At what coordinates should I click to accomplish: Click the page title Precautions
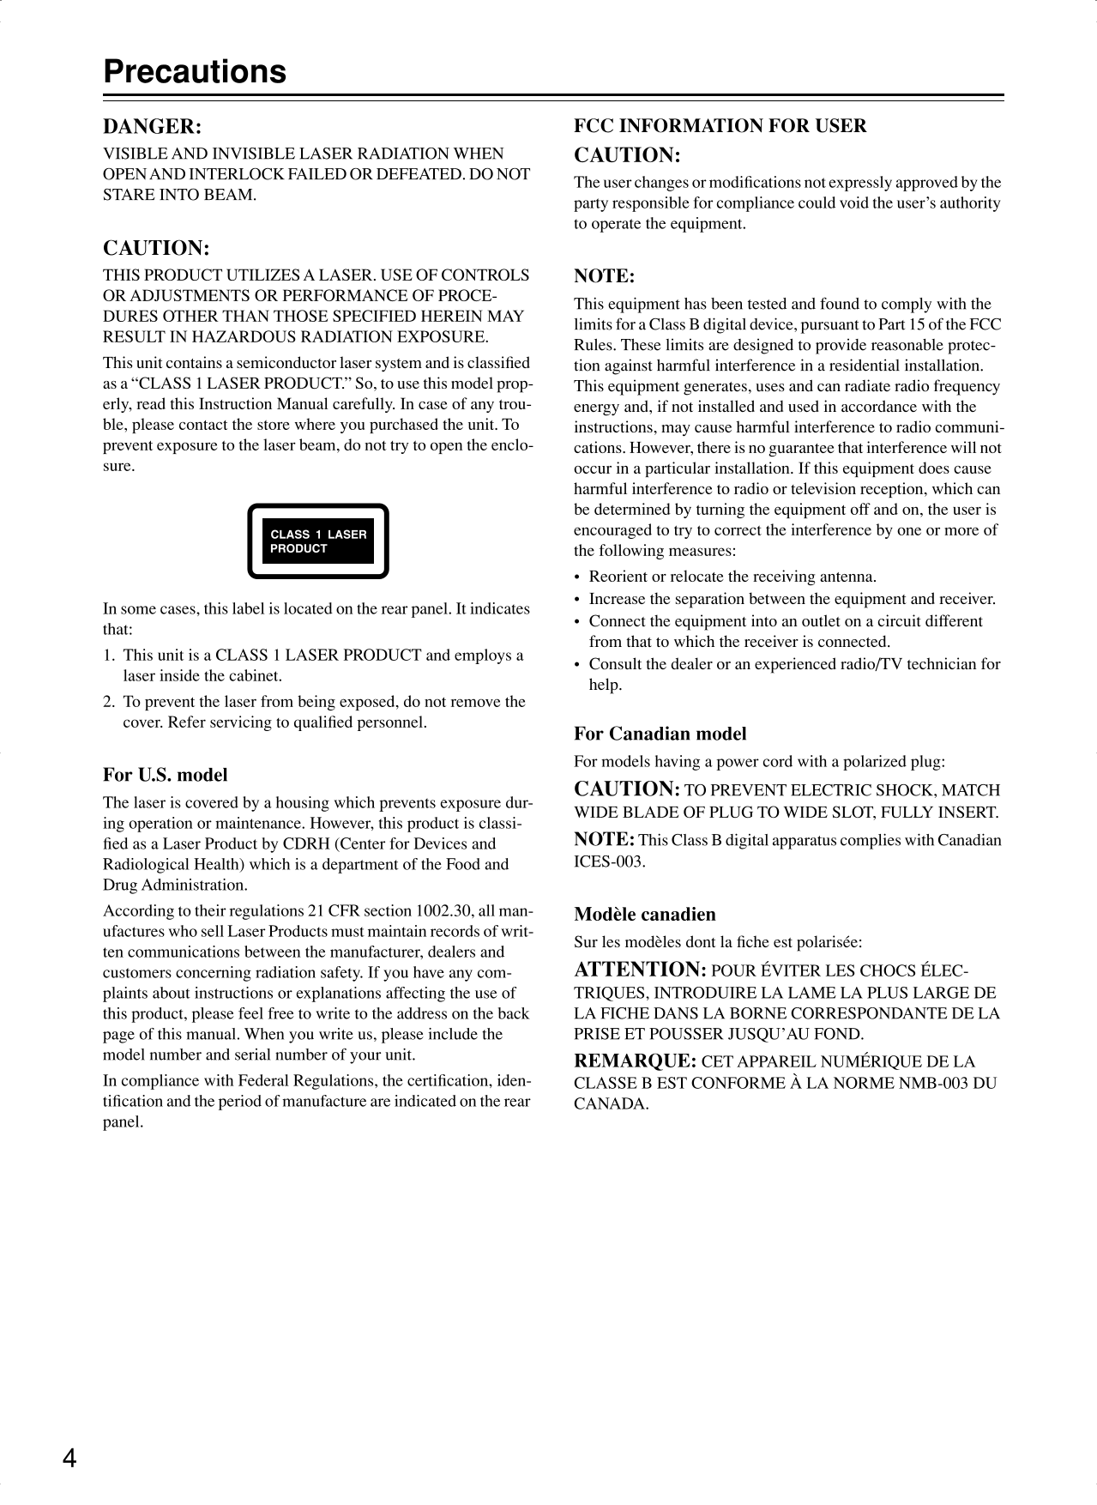195,71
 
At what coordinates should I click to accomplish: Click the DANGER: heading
153,127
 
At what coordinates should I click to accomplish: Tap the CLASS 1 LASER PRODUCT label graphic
318,541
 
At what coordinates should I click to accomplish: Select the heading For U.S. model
166,775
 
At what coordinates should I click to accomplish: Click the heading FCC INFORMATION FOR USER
720,126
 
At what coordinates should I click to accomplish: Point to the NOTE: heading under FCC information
604,276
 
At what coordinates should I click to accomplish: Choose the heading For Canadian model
660,734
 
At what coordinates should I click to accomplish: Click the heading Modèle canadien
644,914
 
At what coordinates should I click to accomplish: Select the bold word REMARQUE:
635,1061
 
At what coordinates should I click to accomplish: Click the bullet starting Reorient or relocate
732,577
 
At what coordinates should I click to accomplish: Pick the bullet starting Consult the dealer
794,664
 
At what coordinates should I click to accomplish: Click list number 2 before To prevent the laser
109,701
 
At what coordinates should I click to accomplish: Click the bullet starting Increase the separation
792,599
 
